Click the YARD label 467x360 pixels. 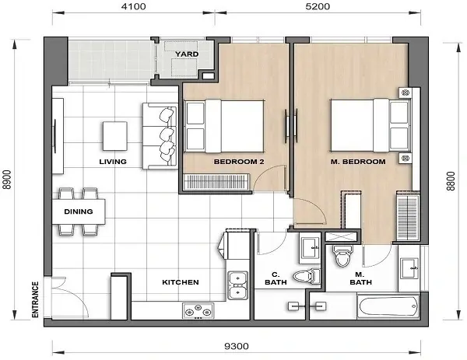pos(185,54)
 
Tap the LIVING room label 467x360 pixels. pos(114,162)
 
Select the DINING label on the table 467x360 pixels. pos(79,211)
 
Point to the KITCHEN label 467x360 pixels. pos(180,282)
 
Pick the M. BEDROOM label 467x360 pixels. pos(359,162)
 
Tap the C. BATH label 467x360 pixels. pos(276,278)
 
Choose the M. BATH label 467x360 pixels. pos(360,278)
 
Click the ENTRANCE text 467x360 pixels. pos(35,299)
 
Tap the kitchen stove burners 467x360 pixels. pos(198,310)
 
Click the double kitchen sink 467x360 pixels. pos(237,284)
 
